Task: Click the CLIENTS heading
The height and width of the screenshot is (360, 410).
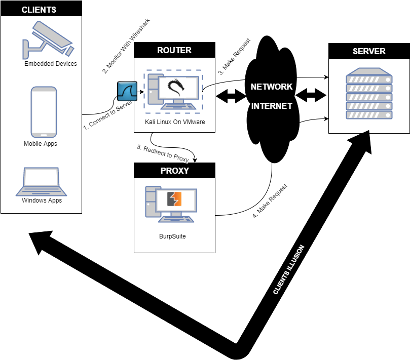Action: [x=39, y=10]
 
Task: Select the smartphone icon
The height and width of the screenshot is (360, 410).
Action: [x=44, y=111]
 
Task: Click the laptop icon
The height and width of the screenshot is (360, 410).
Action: [x=41, y=182]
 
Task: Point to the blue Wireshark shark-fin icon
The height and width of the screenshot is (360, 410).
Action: [x=127, y=91]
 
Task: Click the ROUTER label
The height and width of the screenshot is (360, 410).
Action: [x=174, y=50]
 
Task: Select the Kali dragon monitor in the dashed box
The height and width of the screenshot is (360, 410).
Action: [x=178, y=88]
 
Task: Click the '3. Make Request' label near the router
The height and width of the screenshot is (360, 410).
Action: [x=234, y=57]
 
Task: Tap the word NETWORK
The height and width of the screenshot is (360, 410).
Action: [x=272, y=87]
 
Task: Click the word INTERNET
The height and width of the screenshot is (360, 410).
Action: [x=272, y=106]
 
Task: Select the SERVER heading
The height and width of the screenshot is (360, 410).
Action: [x=369, y=51]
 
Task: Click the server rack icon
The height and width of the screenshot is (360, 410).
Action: [x=369, y=94]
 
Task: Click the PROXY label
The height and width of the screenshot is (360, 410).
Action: [x=174, y=171]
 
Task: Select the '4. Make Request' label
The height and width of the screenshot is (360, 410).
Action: [x=270, y=201]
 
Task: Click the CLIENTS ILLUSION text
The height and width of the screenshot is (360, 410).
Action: [x=289, y=269]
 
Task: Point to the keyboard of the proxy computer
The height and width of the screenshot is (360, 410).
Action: [x=176, y=219]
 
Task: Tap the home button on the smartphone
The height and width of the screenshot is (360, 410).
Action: [x=44, y=135]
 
